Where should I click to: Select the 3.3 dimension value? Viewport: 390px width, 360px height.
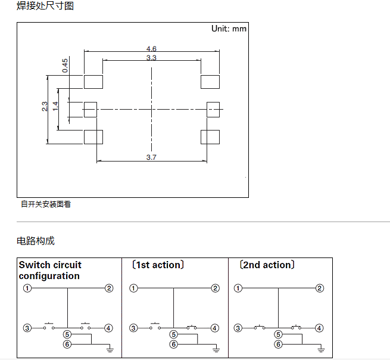(x=151, y=57)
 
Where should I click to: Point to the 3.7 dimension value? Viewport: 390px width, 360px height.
(x=151, y=157)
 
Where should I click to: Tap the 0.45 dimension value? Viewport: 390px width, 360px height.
(x=65, y=66)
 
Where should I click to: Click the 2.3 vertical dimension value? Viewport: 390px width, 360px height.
(x=45, y=107)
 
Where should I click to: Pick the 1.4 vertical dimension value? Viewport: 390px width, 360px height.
(x=55, y=106)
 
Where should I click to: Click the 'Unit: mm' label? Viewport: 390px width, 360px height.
(x=229, y=29)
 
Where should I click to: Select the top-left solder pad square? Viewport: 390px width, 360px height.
(x=93, y=81)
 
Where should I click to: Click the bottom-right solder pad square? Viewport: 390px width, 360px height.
(x=210, y=137)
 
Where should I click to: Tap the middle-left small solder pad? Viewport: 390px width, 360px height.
(x=90, y=109)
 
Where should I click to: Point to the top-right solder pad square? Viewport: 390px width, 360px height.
(x=210, y=81)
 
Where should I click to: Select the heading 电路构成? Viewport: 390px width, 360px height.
(x=35, y=241)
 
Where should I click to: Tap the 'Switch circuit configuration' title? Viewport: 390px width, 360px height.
(x=50, y=270)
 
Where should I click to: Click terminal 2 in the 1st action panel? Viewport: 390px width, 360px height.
(x=215, y=288)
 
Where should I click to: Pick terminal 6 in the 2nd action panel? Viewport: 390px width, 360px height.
(x=278, y=345)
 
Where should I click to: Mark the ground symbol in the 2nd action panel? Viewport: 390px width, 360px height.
(x=322, y=347)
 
